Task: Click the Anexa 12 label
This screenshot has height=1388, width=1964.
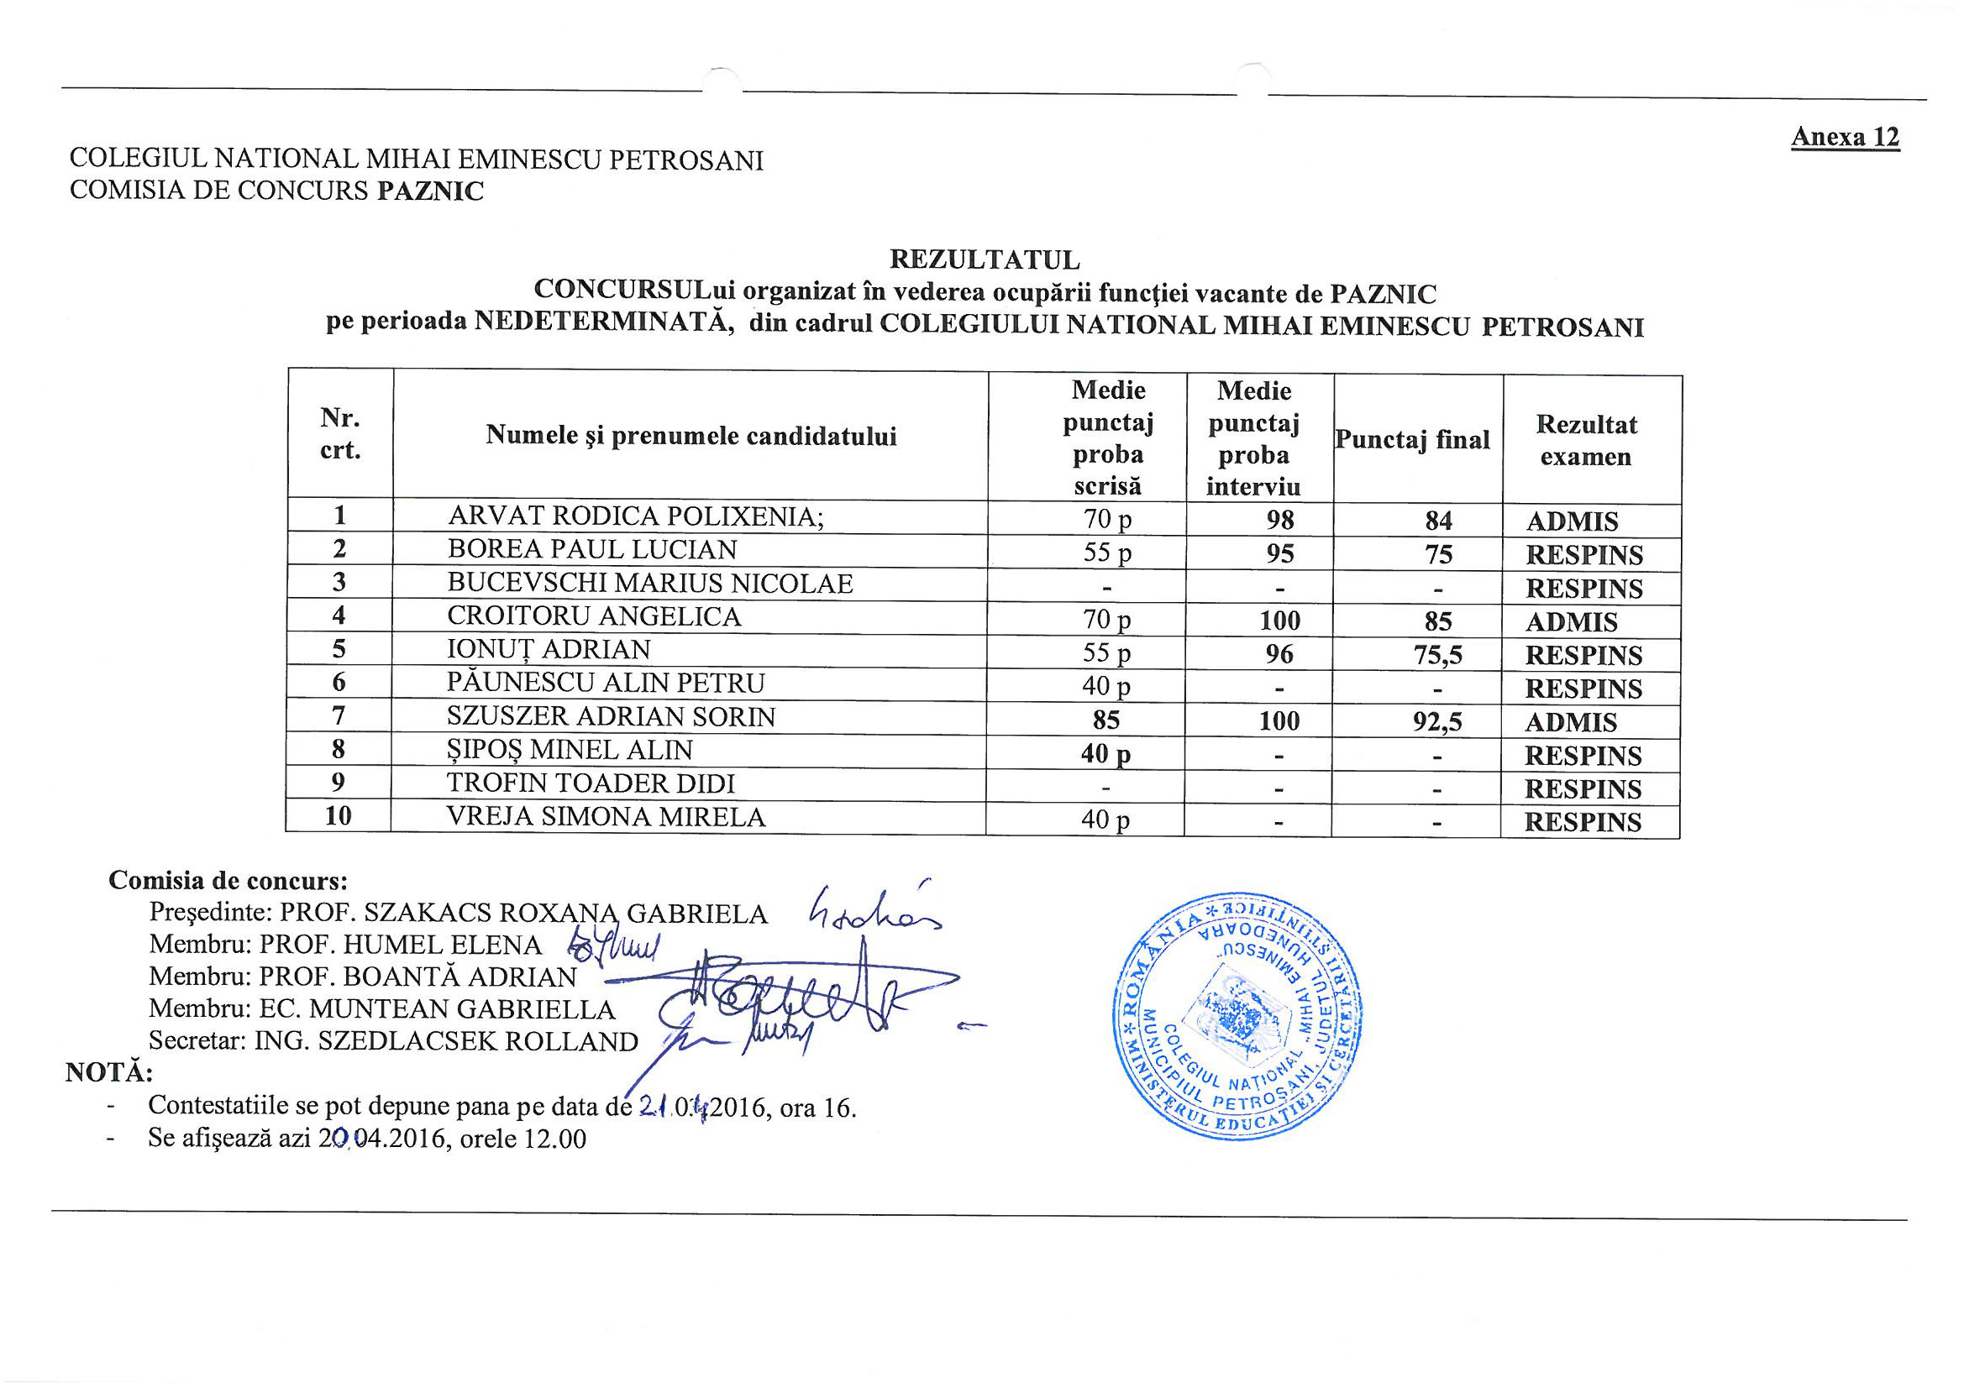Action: [x=1844, y=137]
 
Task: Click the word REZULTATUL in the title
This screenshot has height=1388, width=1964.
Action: [x=985, y=259]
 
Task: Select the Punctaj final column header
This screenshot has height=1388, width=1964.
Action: [x=1412, y=440]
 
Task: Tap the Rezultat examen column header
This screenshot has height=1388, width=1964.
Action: [x=1586, y=440]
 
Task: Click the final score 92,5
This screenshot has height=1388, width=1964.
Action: [x=1437, y=722]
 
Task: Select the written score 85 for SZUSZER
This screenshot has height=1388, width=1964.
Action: [x=1106, y=720]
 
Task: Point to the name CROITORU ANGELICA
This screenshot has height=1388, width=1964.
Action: [x=594, y=615]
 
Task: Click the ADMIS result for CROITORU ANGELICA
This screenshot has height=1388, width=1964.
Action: [x=1572, y=621]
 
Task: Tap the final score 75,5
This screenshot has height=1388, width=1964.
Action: [x=1437, y=655]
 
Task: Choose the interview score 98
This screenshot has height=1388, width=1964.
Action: [x=1279, y=520]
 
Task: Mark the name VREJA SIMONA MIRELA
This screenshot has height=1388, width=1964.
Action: [x=606, y=817]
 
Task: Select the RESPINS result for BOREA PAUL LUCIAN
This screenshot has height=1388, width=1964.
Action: [x=1584, y=555]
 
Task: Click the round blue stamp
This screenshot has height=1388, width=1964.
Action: [x=1237, y=1017]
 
